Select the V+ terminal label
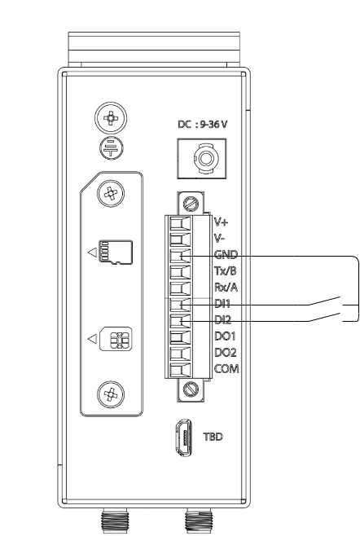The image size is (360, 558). point(221,222)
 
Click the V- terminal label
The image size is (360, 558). point(219,237)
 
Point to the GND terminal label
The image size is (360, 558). point(224,254)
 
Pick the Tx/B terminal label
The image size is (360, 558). point(225,270)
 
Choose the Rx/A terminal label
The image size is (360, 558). point(225,287)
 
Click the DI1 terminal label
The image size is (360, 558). point(222,303)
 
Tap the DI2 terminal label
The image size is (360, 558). point(222,319)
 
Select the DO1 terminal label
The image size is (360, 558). point(223,336)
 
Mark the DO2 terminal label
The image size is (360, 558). point(223,352)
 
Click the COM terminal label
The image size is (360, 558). point(224,368)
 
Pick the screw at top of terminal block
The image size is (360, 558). point(191,203)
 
